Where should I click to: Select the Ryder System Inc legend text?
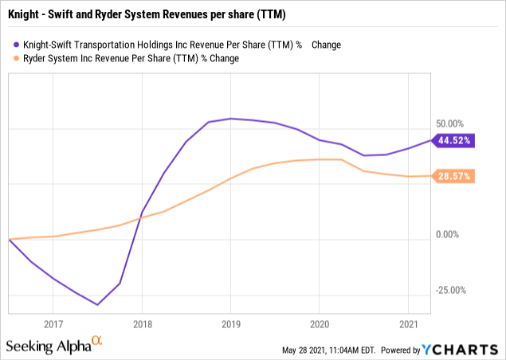tap(131, 58)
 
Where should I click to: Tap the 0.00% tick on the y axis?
tap(449, 235)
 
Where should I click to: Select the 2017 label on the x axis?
tap(53, 325)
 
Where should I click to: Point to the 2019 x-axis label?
tap(230, 325)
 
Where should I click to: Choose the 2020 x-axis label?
tap(319, 325)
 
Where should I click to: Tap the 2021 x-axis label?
tap(408, 325)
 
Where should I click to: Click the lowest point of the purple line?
tap(97, 304)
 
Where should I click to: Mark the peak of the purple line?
tap(230, 119)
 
